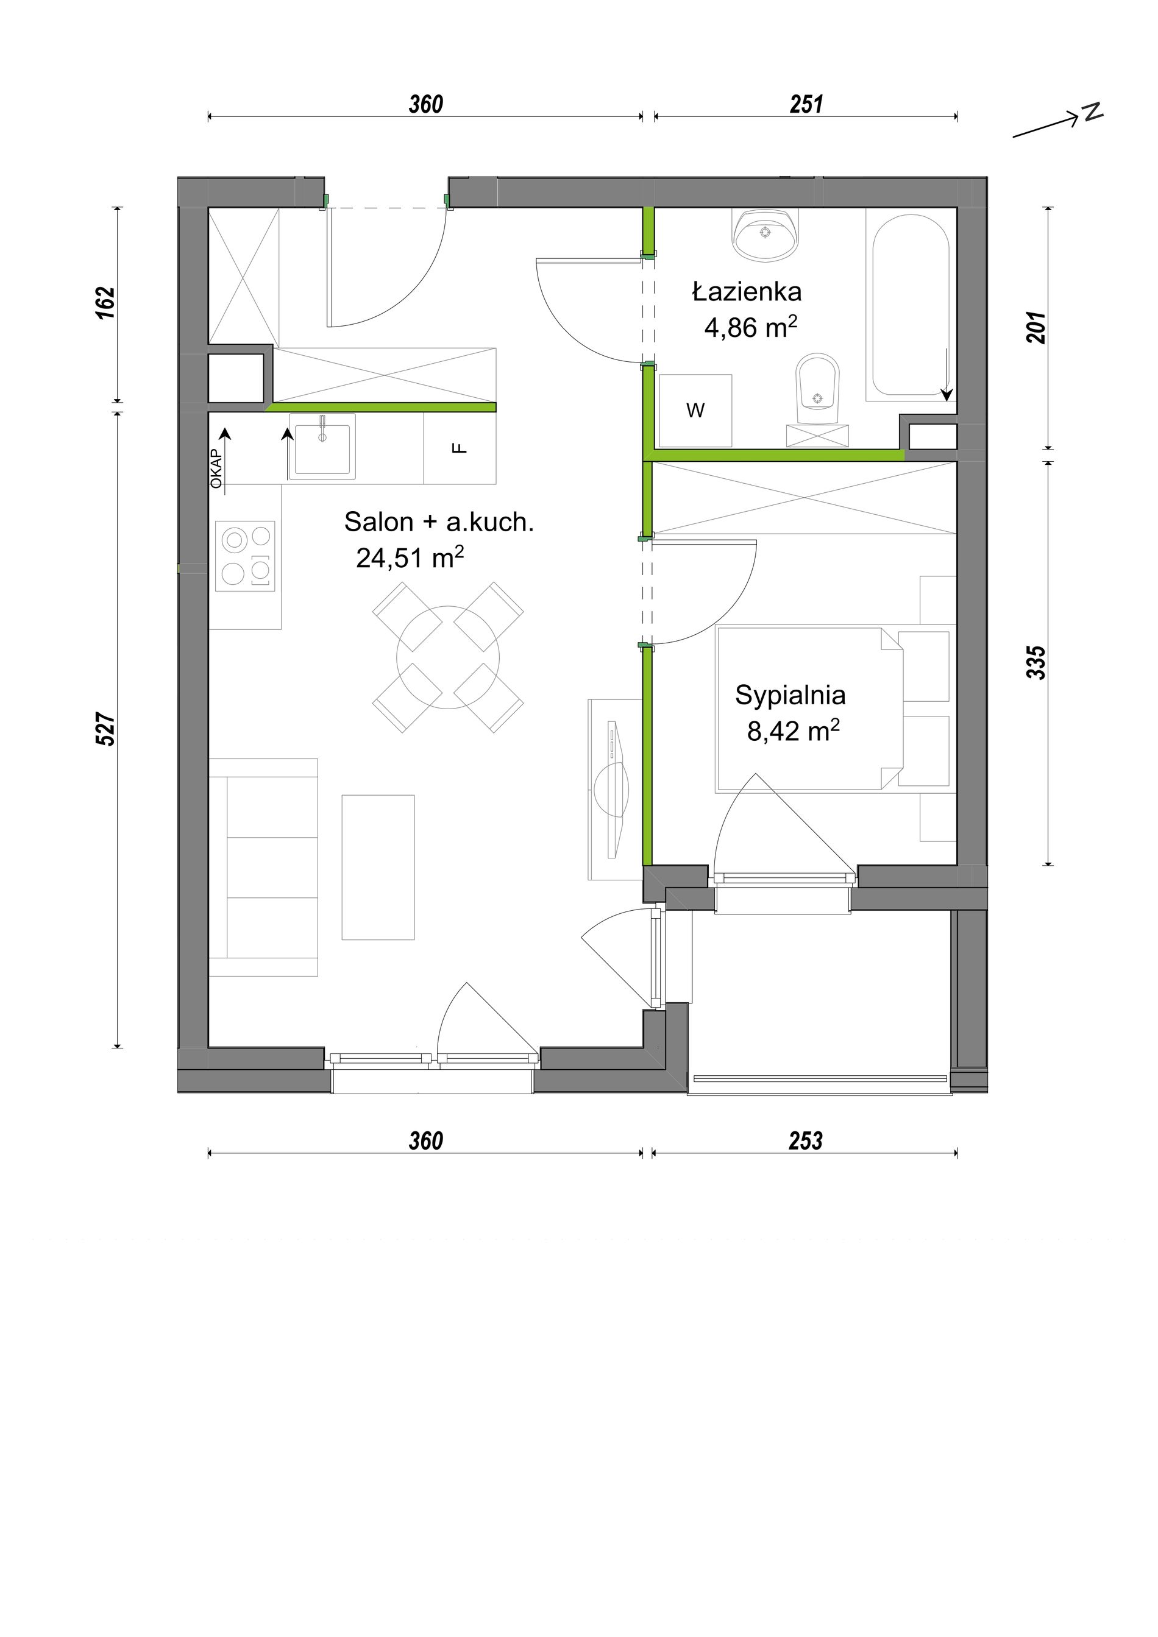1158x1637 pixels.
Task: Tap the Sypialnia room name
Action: tap(790, 695)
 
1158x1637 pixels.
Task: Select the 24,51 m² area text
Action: tap(410, 557)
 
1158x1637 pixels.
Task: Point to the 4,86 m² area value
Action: tap(750, 327)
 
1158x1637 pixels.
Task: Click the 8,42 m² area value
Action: tap(793, 731)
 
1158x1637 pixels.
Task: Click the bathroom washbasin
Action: tap(765, 235)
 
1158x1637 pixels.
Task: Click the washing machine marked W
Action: tap(695, 411)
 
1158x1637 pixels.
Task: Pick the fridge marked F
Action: tap(460, 448)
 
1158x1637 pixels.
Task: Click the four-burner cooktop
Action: tap(245, 556)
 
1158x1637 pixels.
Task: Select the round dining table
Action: tap(448, 657)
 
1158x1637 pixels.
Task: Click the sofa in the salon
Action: tap(263, 867)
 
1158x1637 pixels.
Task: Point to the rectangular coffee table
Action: tap(378, 867)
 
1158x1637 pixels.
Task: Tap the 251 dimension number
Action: tap(806, 105)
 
